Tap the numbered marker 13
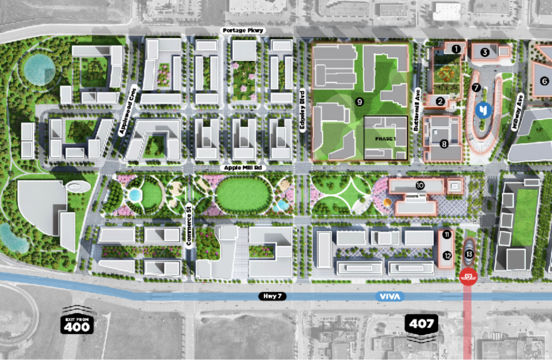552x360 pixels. click(x=469, y=254)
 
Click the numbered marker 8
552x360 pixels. click(x=444, y=144)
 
